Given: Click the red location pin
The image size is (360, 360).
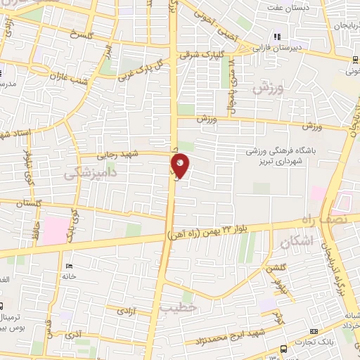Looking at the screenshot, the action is click(181, 166).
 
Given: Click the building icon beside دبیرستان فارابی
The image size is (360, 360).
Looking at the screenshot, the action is click(277, 36).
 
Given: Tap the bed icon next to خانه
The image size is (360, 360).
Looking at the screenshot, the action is click(67, 266).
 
